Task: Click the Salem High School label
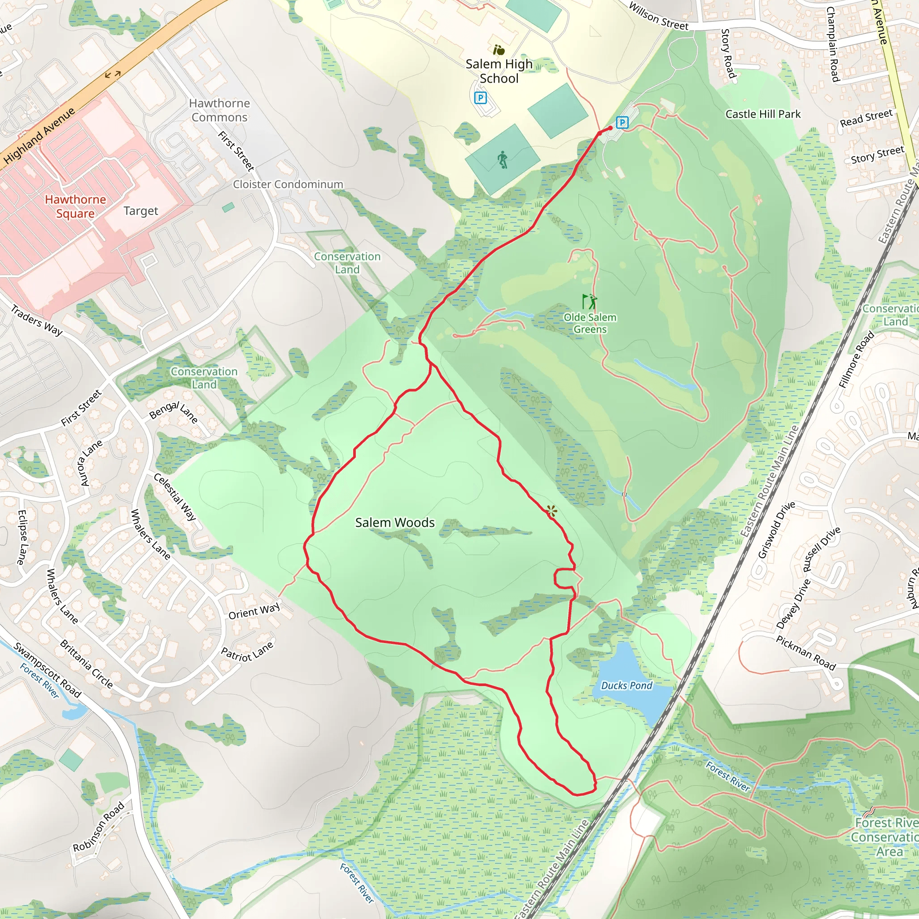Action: click(x=499, y=71)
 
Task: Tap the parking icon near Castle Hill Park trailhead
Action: click(x=621, y=123)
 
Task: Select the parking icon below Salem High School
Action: click(x=481, y=98)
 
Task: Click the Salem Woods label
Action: click(x=395, y=523)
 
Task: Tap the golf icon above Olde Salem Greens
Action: click(x=589, y=302)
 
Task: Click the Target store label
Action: click(x=141, y=211)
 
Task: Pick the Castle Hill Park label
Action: click(x=763, y=114)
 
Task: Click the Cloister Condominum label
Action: click(x=288, y=184)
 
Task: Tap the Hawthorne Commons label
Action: click(x=219, y=110)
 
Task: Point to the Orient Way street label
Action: click(x=254, y=612)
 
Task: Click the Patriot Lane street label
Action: click(x=247, y=651)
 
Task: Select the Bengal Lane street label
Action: click(x=173, y=412)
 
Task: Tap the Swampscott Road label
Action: click(x=47, y=670)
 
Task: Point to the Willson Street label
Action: click(x=658, y=16)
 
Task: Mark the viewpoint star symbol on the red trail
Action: click(x=551, y=512)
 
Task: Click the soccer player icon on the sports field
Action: click(x=502, y=159)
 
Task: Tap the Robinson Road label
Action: click(x=98, y=827)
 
